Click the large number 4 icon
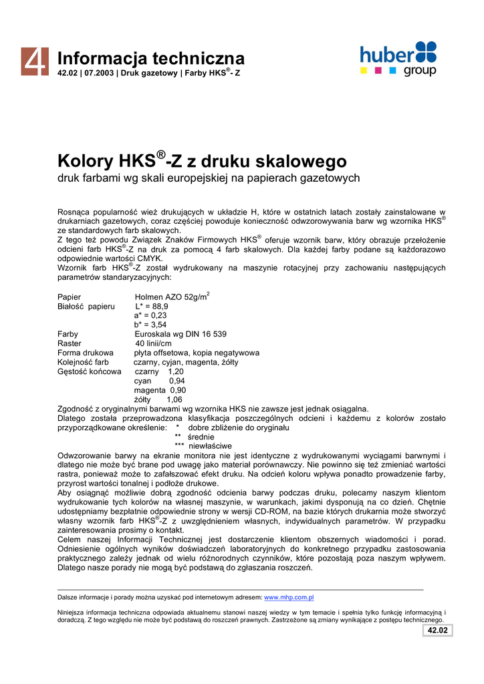click(33, 61)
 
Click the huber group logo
click(398, 59)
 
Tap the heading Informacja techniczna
click(151, 58)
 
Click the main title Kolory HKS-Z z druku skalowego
click(202, 161)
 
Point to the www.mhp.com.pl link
click(289, 597)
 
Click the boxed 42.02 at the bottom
click(437, 631)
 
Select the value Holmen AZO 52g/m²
click(172, 297)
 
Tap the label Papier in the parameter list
click(70, 297)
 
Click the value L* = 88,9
click(152, 307)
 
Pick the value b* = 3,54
click(150, 325)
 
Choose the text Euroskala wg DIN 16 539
click(180, 334)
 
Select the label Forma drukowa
click(86, 353)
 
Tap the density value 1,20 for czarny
click(176, 371)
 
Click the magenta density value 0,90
click(178, 390)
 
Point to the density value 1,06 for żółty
click(174, 399)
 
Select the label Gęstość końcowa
click(90, 371)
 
